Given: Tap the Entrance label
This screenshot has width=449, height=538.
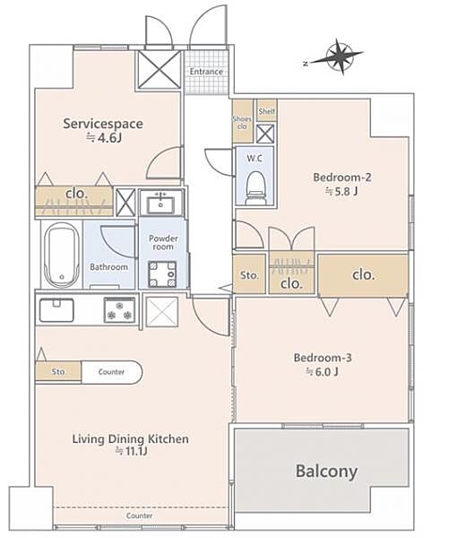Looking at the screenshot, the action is pos(206,72).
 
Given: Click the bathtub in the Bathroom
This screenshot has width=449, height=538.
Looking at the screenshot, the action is pos(62,255).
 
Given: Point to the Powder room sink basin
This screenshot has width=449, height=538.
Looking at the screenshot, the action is pos(161,204).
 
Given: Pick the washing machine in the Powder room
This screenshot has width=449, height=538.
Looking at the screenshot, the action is pos(162,273).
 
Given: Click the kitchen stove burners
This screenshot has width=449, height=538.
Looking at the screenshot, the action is pos(119,310).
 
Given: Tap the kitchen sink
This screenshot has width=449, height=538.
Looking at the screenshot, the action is pos(56,310).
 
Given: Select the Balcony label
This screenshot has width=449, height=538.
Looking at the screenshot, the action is pos(326,471).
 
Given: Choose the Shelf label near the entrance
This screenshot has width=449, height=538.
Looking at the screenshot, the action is pos(267,111).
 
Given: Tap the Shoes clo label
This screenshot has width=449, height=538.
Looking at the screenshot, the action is pos(242,123).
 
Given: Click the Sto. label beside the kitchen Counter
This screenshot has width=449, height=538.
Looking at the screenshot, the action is pos(58,371).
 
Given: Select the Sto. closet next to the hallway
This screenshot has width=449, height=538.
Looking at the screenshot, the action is pos(249,275).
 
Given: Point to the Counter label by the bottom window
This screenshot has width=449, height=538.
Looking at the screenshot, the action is pos(139,516).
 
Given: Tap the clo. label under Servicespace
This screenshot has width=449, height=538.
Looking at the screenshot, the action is pos(76,194).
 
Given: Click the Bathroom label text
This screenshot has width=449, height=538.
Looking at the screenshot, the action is pos(108,266).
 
